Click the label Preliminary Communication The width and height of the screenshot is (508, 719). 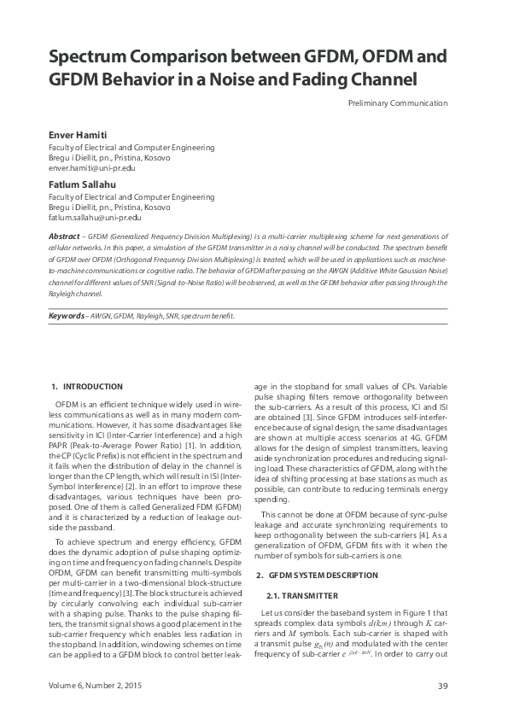pyautogui.click(x=398, y=103)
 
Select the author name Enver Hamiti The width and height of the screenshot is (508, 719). pyautogui.click(x=77, y=136)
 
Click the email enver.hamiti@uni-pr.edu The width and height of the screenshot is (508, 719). pyautogui.click(x=92, y=169)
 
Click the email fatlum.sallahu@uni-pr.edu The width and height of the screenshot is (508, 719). pyautogui.click(x=94, y=218)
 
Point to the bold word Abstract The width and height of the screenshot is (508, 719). pyautogui.click(x=65, y=234)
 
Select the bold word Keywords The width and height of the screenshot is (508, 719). pyautogui.click(x=67, y=315)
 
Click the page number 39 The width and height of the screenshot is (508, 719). pyautogui.click(x=442, y=686)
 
